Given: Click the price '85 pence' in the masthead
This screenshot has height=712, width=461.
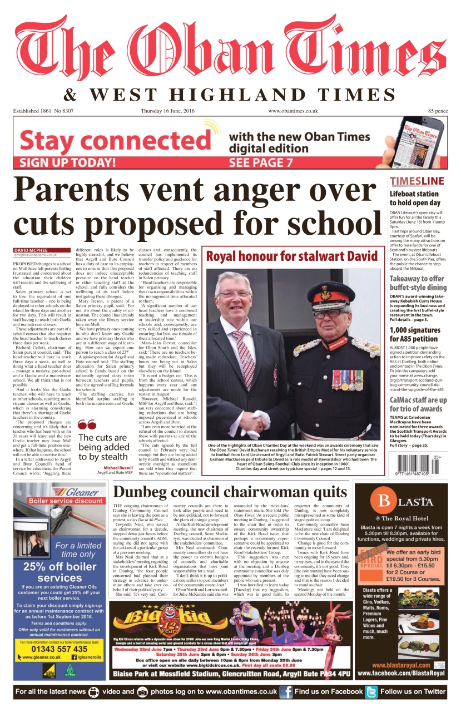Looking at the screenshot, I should pyautogui.click(x=438, y=111).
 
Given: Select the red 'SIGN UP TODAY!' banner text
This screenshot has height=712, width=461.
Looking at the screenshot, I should pyautogui.click(x=68, y=163).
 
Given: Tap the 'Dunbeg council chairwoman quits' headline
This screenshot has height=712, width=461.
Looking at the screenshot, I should pyautogui.click(x=230, y=492).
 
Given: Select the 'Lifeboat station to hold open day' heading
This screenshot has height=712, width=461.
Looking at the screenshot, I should pyautogui.click(x=414, y=199).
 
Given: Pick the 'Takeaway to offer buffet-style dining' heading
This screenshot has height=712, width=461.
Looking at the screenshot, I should pyautogui.click(x=418, y=283).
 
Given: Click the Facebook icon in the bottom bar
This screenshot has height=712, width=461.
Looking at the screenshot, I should pyautogui.click(x=286, y=692).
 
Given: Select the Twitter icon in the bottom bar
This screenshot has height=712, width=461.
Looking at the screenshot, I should pyautogui.click(x=371, y=692).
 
